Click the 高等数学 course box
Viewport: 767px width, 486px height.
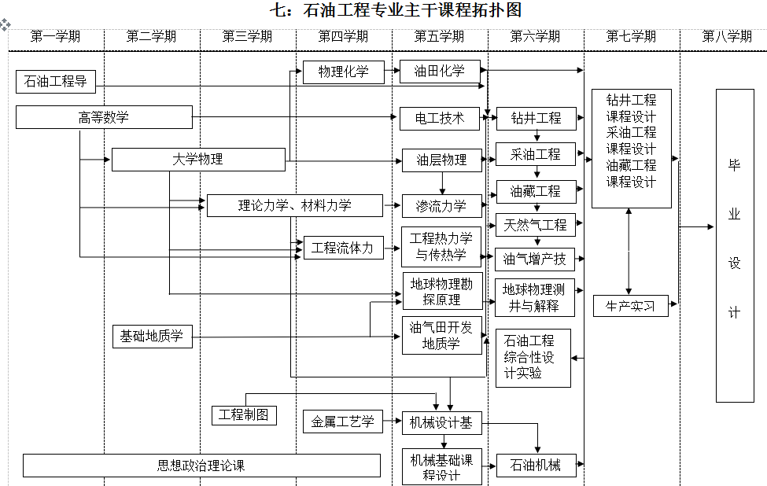[x=104, y=118]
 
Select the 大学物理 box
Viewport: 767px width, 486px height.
[x=197, y=160]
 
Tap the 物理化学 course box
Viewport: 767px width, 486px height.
[x=343, y=72]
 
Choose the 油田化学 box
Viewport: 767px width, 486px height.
[x=440, y=71]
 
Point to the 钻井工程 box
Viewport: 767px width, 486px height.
[x=536, y=119]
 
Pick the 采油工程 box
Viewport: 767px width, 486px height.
[x=536, y=154]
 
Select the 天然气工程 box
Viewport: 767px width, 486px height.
[x=536, y=225]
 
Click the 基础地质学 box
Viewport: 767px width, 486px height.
[x=152, y=337]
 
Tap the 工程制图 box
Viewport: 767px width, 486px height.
[x=244, y=414]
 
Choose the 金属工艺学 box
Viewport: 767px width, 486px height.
[x=342, y=422]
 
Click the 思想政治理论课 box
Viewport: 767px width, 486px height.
[x=201, y=466]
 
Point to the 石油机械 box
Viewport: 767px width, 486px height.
[x=536, y=466]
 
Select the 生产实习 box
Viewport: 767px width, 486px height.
[x=630, y=306]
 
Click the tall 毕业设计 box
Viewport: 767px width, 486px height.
[x=735, y=245]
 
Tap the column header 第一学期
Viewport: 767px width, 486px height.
[x=55, y=36]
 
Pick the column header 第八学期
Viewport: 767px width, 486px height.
[x=727, y=36]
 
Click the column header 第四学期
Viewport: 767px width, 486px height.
[x=343, y=36]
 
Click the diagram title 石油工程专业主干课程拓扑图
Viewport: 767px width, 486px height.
[x=396, y=10]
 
